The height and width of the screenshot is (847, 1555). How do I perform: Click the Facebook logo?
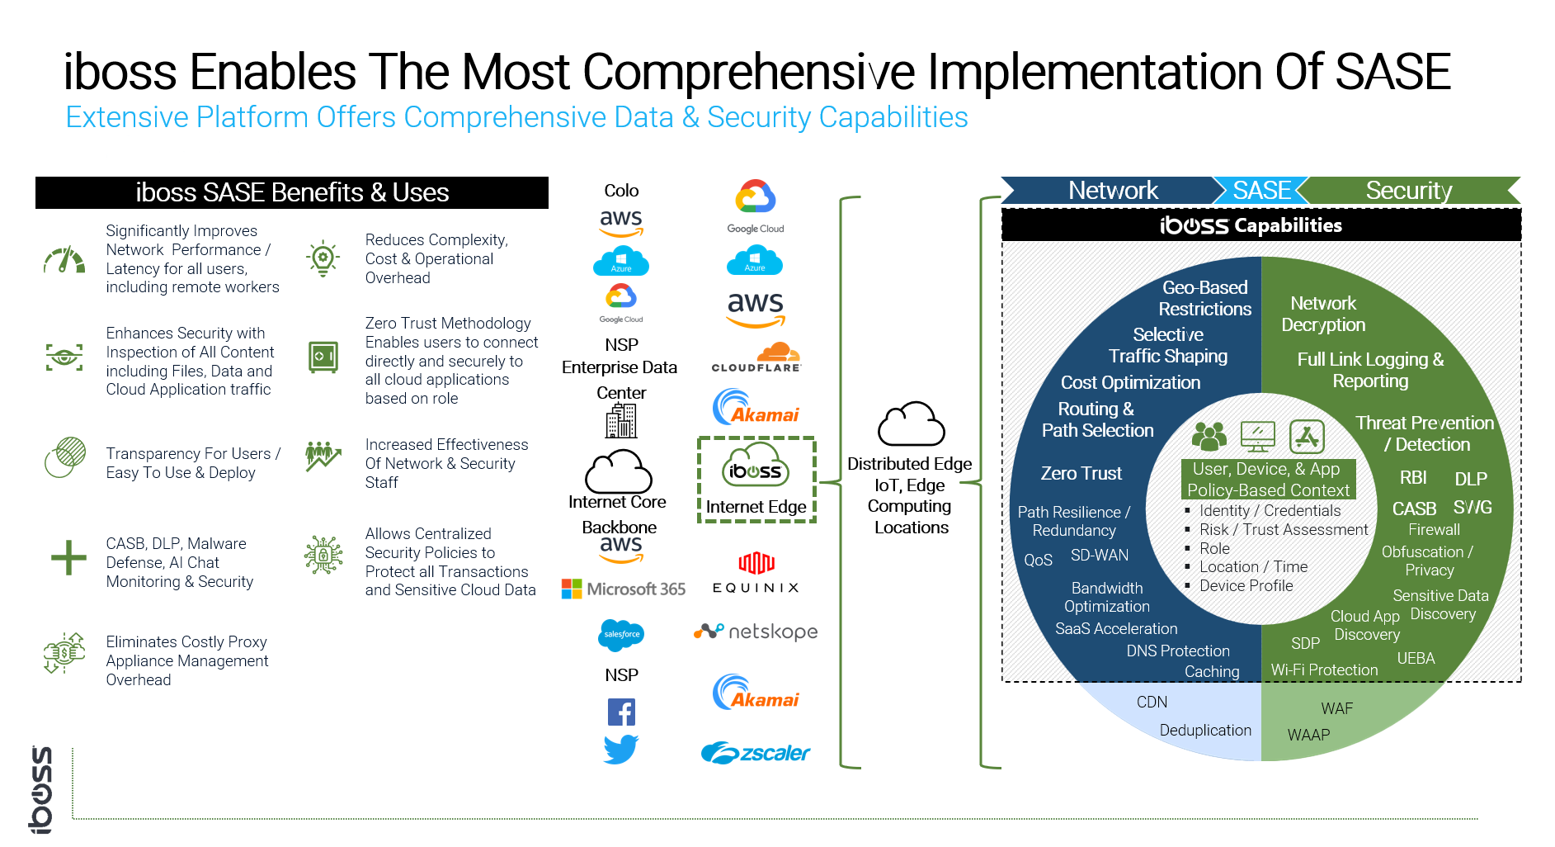(621, 712)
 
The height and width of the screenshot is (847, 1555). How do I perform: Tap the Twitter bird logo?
(620, 749)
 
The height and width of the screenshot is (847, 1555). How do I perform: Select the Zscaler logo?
(756, 753)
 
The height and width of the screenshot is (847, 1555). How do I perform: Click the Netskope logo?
(756, 632)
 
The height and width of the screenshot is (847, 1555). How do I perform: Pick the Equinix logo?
(756, 573)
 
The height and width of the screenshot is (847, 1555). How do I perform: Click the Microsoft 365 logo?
(624, 589)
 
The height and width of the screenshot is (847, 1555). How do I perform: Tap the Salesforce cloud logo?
(621, 634)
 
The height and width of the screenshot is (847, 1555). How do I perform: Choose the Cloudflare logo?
(756, 357)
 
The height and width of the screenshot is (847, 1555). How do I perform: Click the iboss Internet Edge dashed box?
(756, 480)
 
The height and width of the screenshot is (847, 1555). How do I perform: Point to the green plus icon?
(68, 558)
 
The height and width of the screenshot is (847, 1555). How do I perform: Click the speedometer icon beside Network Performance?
(64, 260)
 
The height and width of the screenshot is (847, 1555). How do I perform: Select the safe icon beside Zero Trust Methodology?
(323, 357)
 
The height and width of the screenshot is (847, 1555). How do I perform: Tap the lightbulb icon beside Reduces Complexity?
(323, 258)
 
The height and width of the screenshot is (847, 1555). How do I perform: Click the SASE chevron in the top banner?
(1261, 191)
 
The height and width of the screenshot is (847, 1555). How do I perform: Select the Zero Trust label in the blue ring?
(1081, 473)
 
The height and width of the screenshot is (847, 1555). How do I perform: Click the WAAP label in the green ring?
(1308, 735)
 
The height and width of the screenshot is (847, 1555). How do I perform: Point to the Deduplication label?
(1205, 730)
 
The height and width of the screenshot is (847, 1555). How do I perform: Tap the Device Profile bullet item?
(1246, 585)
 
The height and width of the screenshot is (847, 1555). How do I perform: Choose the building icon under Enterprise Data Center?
(621, 421)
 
